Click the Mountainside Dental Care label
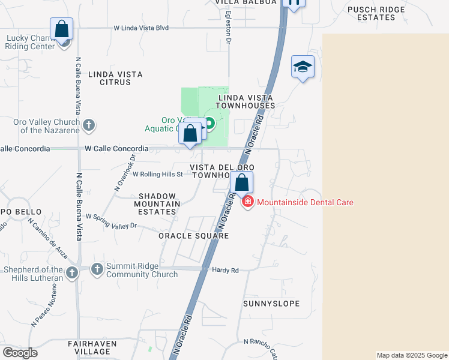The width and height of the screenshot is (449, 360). point(305,202)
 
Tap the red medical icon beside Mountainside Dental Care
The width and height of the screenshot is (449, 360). point(247,202)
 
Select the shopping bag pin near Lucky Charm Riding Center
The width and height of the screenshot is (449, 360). point(61,29)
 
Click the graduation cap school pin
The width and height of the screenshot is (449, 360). point(303,67)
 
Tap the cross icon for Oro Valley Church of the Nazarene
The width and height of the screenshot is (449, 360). point(89,125)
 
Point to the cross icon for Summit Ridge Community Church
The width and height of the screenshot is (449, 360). point(97,270)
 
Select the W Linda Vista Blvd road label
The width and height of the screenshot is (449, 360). point(141,28)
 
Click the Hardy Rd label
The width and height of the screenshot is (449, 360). point(226,271)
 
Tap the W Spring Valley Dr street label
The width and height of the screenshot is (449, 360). point(112,221)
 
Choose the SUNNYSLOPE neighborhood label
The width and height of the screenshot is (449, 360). point(271,304)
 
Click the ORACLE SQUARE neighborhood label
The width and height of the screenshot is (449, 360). point(194,236)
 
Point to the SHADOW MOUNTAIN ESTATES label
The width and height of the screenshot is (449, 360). point(159,204)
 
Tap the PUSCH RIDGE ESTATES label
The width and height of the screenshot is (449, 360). point(380,13)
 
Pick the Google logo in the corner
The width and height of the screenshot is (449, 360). point(20,353)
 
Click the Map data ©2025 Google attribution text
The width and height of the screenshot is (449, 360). point(412,355)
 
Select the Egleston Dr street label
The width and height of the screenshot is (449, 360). point(228,26)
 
